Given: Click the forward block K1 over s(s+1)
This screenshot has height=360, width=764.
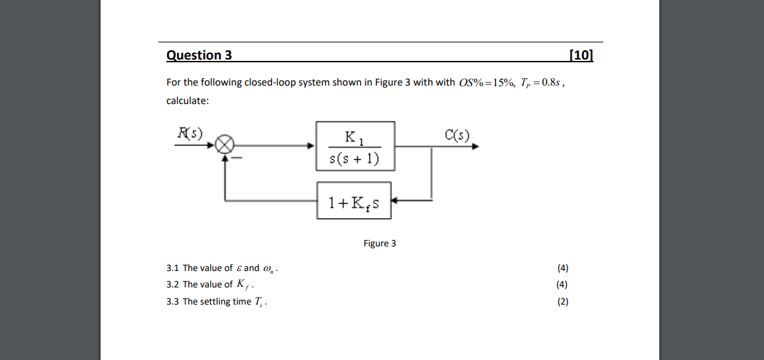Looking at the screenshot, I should [355, 146].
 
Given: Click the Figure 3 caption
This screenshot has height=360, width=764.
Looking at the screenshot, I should [379, 244].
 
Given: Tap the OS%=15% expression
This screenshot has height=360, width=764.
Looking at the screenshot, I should [487, 83].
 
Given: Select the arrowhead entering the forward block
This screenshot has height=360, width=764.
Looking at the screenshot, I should [311, 146].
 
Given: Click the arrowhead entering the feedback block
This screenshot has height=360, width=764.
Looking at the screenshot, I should [396, 201].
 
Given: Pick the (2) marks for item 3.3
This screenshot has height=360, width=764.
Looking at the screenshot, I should [563, 302].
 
